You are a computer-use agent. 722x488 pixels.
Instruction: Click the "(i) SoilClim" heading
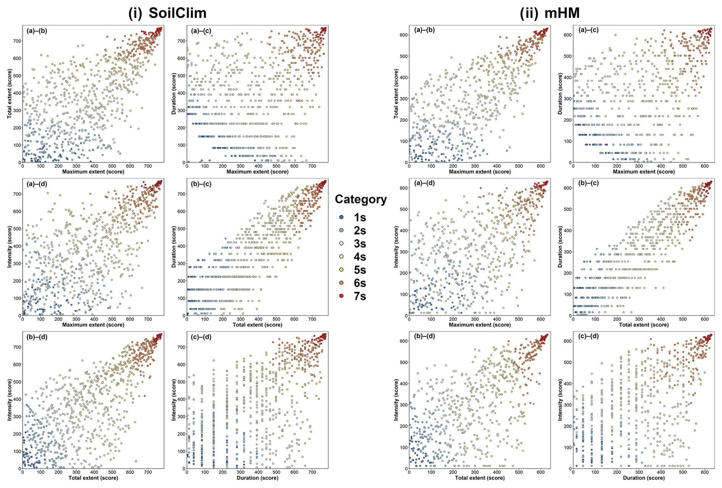(x=168, y=13)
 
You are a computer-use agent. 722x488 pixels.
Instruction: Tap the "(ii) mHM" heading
(x=550, y=13)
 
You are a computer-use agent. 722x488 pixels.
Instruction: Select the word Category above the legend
(x=361, y=199)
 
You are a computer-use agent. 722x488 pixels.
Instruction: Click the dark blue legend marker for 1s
(x=342, y=217)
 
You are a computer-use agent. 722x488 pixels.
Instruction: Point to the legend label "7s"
(x=360, y=296)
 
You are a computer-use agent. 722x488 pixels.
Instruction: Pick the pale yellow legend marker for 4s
(x=342, y=257)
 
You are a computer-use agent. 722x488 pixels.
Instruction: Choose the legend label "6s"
(x=360, y=283)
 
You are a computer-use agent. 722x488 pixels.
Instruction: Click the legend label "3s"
(x=360, y=244)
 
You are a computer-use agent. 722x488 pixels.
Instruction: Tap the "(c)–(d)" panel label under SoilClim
(x=201, y=337)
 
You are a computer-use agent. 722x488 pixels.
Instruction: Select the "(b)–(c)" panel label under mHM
(x=588, y=183)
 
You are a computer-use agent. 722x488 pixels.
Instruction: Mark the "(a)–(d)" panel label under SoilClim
(x=37, y=184)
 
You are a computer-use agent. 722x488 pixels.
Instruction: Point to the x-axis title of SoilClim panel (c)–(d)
(x=258, y=478)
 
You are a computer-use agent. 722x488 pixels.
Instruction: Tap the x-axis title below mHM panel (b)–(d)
(x=480, y=478)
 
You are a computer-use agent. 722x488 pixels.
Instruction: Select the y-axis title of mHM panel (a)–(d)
(x=396, y=247)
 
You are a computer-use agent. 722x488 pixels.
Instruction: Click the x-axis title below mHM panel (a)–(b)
(x=480, y=171)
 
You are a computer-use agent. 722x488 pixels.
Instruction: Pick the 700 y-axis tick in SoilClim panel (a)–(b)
(x=16, y=41)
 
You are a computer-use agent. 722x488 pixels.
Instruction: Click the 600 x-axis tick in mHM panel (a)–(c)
(x=705, y=166)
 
